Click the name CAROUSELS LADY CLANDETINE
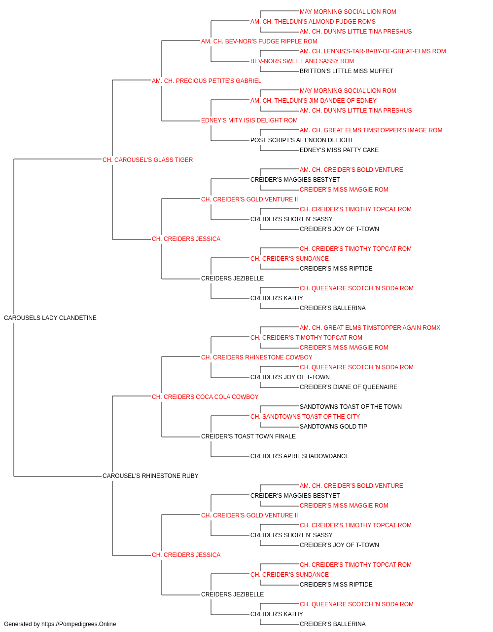point(50,318)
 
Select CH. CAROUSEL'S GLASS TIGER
point(147,160)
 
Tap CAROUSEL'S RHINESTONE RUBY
point(150,476)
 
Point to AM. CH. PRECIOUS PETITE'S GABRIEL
point(207,81)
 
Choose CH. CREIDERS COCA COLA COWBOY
point(205,397)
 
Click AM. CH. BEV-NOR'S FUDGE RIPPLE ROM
point(259,41)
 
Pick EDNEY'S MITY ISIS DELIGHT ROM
point(249,120)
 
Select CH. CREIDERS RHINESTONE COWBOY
point(257,357)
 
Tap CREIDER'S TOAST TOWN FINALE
point(248,436)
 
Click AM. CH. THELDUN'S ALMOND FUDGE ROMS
point(313,22)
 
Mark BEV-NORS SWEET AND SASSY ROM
point(302,61)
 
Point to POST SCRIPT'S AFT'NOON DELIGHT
point(302,140)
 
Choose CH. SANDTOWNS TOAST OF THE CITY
point(305,417)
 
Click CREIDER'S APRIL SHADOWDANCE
point(300,456)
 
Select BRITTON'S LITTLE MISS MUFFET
point(347,71)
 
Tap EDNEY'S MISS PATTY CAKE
point(339,150)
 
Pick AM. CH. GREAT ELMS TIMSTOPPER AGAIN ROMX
point(370,328)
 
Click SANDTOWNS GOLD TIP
point(333,427)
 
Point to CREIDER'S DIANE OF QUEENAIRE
point(349,387)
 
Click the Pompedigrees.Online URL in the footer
point(79,624)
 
